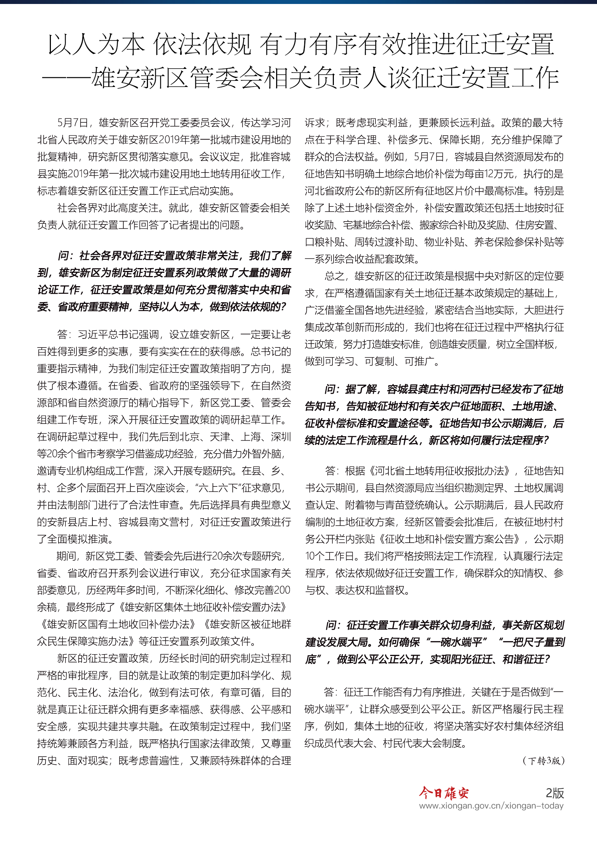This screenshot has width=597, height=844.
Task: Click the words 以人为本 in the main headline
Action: point(96,44)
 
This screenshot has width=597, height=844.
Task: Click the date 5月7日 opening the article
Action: point(73,123)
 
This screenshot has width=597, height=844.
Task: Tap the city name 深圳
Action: point(280,437)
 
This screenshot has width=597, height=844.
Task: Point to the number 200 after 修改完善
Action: point(282,590)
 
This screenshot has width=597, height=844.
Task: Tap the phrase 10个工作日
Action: point(330,556)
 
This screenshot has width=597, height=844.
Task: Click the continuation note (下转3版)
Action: point(543,761)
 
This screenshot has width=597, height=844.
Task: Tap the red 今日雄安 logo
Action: point(444,793)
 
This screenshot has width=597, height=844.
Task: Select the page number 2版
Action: point(554,793)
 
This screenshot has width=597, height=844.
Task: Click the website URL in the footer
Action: point(491,806)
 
